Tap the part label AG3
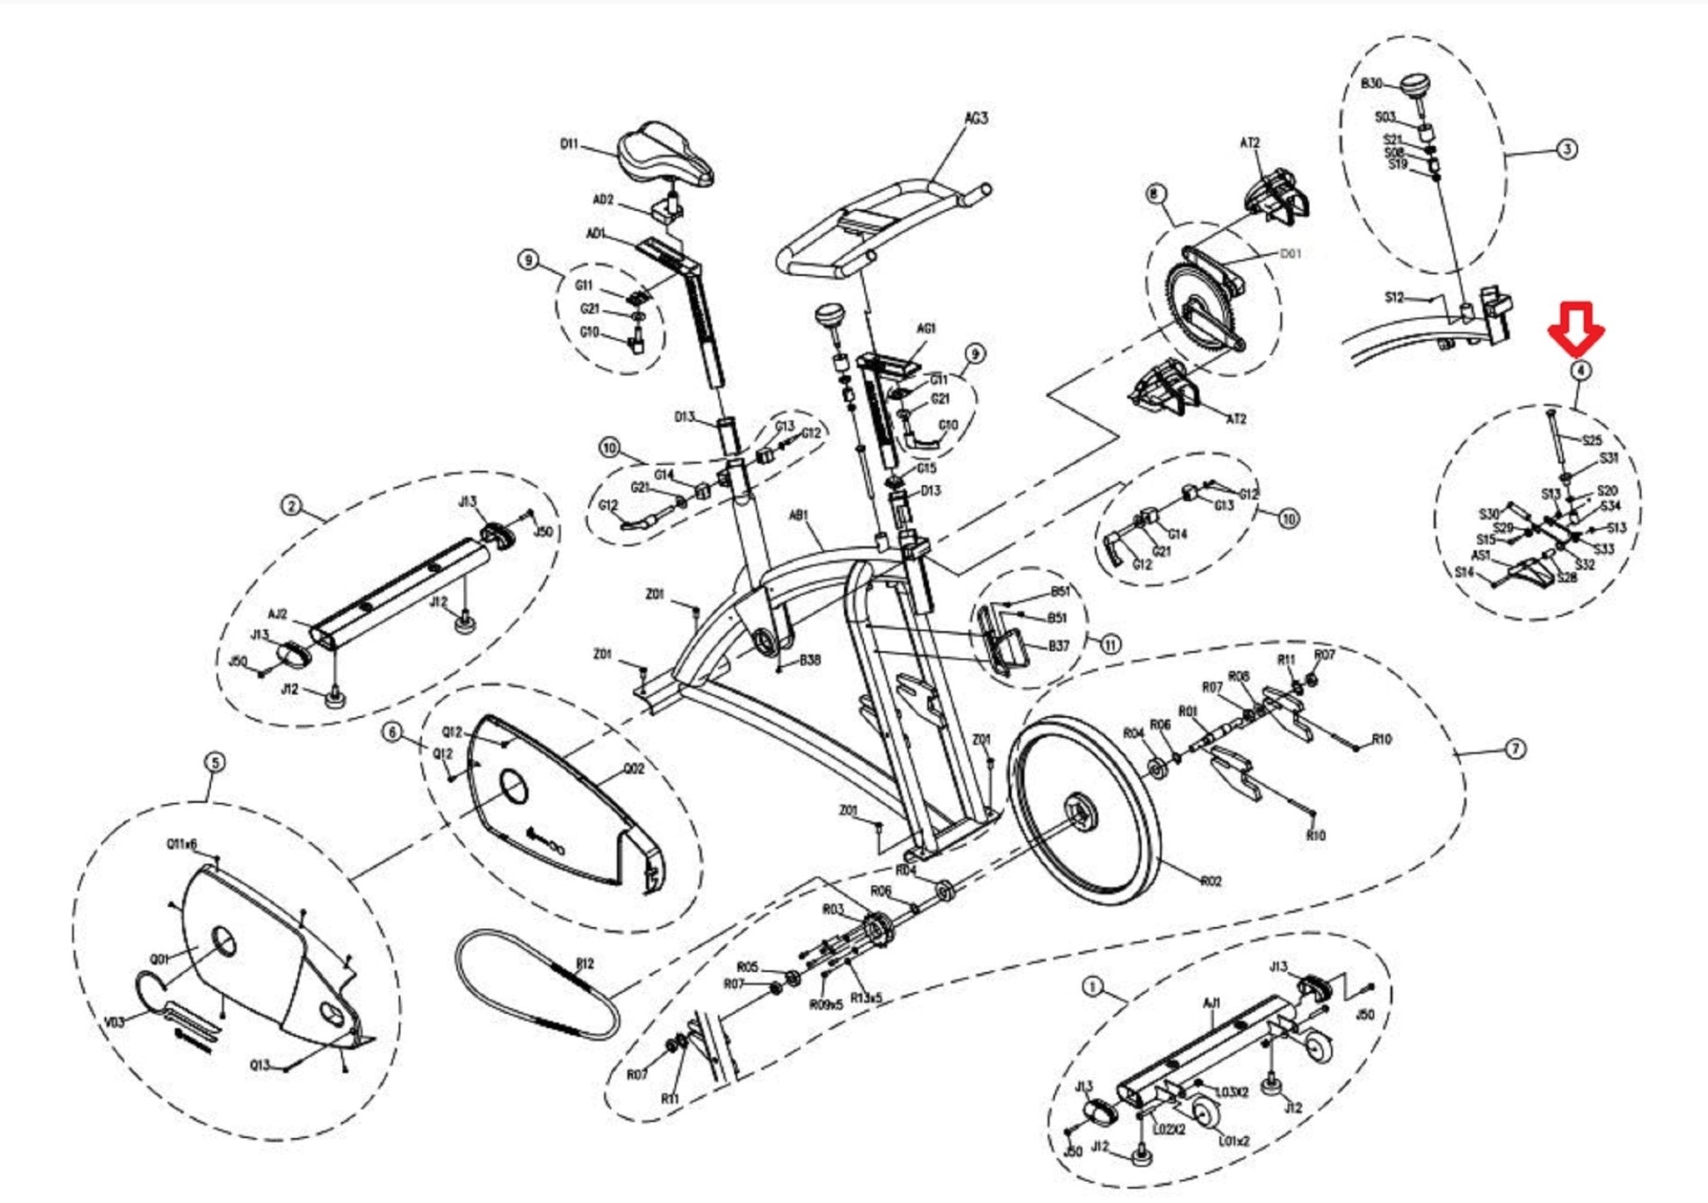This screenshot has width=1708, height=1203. point(976,118)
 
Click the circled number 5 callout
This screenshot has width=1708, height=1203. point(214,762)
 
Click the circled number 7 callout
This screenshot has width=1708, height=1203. point(1515,749)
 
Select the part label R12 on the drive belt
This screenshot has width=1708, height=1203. point(585,964)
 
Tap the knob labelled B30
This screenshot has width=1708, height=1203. point(1415,86)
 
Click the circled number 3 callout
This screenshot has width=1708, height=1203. point(1568,149)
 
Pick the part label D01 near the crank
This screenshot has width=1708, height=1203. point(1290,253)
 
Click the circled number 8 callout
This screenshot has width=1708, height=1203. point(1154,194)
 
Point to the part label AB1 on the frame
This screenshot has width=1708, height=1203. point(799,516)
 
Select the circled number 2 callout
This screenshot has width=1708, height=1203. point(290,506)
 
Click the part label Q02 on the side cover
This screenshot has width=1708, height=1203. point(634,768)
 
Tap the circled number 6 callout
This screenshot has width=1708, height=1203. point(393,732)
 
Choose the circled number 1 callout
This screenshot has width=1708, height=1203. point(1093,988)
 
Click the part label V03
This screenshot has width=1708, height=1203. point(114,1022)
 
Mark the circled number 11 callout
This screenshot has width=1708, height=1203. point(1110,644)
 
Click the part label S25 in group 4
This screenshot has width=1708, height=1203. point(1591,440)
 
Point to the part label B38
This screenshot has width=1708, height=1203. point(810,659)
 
